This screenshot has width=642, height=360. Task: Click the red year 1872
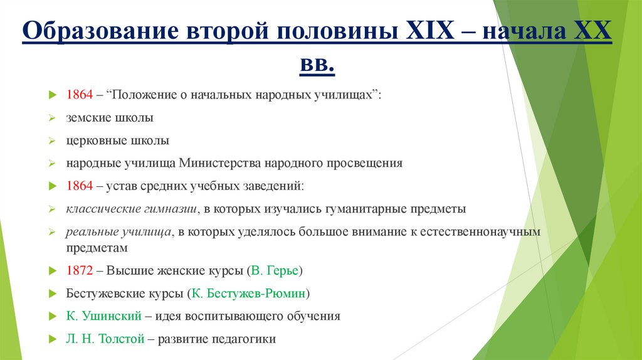pos(80,271)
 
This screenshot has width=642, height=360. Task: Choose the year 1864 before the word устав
pos(80,186)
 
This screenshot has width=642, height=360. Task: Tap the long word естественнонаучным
pos(478,231)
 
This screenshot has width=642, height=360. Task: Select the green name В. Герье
pos(275,271)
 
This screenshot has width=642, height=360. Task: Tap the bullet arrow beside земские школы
pos(53,118)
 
